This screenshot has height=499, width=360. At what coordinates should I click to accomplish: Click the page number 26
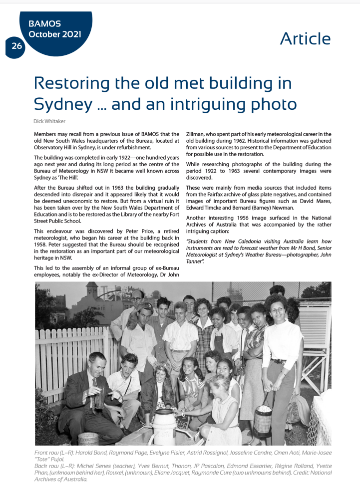(x=17, y=46)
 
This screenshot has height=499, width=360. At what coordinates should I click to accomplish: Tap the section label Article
(x=305, y=39)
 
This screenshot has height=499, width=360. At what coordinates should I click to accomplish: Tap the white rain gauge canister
(x=164, y=427)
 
